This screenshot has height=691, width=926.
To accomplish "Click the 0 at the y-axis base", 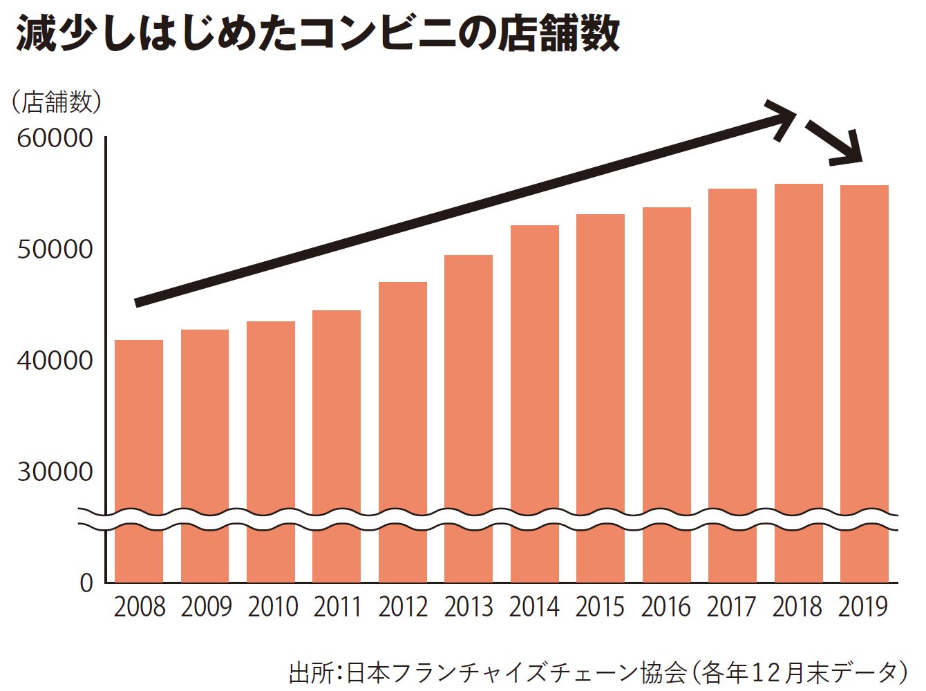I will point(86,583).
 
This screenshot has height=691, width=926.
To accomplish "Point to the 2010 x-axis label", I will point(272,607).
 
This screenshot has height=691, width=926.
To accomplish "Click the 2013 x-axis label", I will point(469,607).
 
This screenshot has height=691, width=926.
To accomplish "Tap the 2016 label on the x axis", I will point(665,607).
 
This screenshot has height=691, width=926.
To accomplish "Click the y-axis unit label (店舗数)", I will point(57,102).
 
